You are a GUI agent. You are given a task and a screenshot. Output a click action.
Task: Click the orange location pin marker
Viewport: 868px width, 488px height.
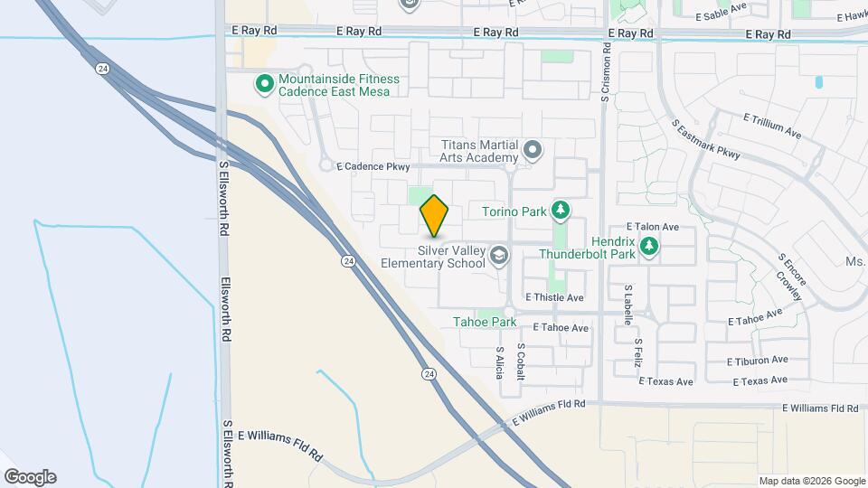click(x=435, y=215)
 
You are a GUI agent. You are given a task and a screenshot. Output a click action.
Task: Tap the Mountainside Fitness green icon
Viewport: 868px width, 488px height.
click(x=265, y=85)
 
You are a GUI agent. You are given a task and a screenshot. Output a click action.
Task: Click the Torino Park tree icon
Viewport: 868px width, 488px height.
click(x=561, y=211)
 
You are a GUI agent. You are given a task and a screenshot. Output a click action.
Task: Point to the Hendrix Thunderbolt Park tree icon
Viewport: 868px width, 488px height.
click(x=648, y=246)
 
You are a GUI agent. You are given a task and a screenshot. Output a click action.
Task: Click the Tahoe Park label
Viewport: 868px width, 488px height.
click(x=484, y=322)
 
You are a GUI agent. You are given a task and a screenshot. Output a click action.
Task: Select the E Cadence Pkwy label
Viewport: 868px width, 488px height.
click(x=373, y=166)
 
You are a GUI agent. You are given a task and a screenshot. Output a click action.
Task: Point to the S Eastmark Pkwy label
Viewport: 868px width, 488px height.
click(x=705, y=140)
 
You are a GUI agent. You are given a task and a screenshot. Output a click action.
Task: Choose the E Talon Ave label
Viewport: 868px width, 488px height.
click(x=652, y=227)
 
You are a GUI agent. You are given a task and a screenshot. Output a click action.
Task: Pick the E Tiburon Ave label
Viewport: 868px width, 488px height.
click(x=758, y=360)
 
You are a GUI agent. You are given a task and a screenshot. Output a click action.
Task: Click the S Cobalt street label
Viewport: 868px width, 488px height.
click(x=521, y=361)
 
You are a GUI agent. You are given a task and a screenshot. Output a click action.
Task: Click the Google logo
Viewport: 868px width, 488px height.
click(x=30, y=477)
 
